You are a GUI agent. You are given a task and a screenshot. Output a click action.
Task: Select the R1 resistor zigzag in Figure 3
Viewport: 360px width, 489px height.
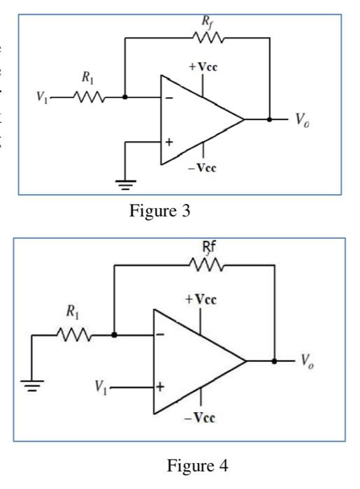point(90,97)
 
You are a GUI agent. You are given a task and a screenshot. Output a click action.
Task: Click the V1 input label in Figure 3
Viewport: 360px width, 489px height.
point(41,97)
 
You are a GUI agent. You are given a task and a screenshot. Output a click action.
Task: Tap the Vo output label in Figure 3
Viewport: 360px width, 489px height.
point(300,119)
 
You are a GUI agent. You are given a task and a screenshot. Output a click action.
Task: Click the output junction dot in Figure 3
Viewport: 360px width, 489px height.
point(269,119)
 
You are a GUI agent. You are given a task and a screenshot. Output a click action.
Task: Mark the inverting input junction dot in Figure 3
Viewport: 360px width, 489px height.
point(125,97)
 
